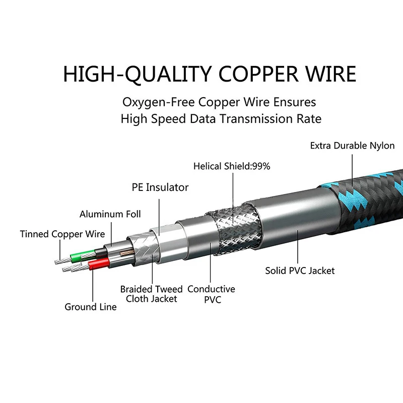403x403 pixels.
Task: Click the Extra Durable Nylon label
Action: click(x=352, y=146)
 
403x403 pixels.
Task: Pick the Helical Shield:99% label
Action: click(x=232, y=166)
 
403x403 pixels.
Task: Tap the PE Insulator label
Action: click(x=160, y=187)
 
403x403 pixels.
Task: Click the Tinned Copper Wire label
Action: click(x=62, y=234)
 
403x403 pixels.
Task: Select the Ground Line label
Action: click(x=90, y=306)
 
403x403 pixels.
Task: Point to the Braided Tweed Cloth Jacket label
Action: click(x=151, y=294)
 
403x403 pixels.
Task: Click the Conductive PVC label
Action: click(x=211, y=294)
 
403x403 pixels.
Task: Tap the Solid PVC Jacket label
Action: click(x=300, y=271)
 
